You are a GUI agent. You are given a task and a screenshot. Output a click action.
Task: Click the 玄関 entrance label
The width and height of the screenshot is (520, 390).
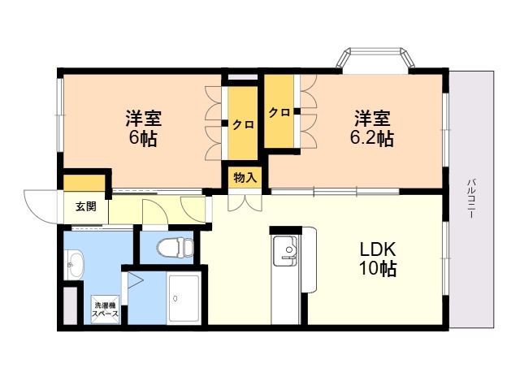86,206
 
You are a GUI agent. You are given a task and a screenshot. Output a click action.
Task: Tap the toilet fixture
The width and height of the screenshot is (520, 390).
175,247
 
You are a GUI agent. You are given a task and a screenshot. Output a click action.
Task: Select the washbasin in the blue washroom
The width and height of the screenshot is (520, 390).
76,265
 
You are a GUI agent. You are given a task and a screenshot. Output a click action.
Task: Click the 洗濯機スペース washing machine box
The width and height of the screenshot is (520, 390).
105,310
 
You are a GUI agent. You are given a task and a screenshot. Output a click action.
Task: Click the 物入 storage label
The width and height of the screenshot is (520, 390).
245,178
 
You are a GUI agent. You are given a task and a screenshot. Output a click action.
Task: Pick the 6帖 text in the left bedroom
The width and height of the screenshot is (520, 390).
143,138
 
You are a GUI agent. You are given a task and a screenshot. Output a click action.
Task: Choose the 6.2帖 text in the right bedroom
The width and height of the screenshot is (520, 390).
372,138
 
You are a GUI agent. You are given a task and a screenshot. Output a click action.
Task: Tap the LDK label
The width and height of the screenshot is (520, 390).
378,249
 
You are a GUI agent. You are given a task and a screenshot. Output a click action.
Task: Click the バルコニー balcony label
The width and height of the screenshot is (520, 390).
471,198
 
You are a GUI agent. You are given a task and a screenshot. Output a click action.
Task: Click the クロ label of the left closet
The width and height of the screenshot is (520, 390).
243,124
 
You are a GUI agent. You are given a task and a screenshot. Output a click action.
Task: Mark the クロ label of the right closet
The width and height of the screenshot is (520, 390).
279,113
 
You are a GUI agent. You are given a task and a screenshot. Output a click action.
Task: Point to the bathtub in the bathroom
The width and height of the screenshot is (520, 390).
184,298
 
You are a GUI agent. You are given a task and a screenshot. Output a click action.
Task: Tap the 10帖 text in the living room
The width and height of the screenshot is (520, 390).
378,269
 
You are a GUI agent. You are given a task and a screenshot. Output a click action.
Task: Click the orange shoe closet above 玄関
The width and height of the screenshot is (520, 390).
84,184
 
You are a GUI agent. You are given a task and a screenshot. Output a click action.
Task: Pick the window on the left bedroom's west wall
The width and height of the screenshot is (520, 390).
60,115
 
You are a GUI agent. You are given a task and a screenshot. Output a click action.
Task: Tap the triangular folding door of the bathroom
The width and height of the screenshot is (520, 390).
134,280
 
